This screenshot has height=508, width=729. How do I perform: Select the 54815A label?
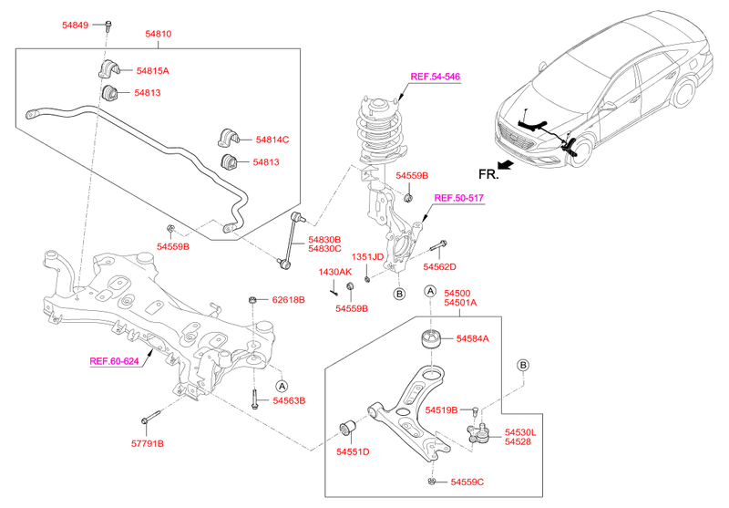click(x=153, y=70)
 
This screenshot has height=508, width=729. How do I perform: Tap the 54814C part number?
click(x=272, y=140)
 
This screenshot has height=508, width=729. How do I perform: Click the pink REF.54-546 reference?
click(x=435, y=78)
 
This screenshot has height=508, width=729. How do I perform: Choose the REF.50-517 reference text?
click(x=457, y=197)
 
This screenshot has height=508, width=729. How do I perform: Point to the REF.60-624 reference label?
click(x=114, y=361)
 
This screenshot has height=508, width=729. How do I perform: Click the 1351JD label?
click(x=368, y=256)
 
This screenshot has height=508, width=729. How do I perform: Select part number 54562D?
click(x=439, y=266)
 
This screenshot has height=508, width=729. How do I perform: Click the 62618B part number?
click(x=288, y=299)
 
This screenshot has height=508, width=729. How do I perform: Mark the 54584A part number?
click(x=472, y=338)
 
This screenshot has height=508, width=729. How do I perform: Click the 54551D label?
click(x=352, y=451)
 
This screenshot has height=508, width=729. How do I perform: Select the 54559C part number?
click(x=467, y=482)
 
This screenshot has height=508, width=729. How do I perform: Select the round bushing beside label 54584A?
click(x=429, y=341)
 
